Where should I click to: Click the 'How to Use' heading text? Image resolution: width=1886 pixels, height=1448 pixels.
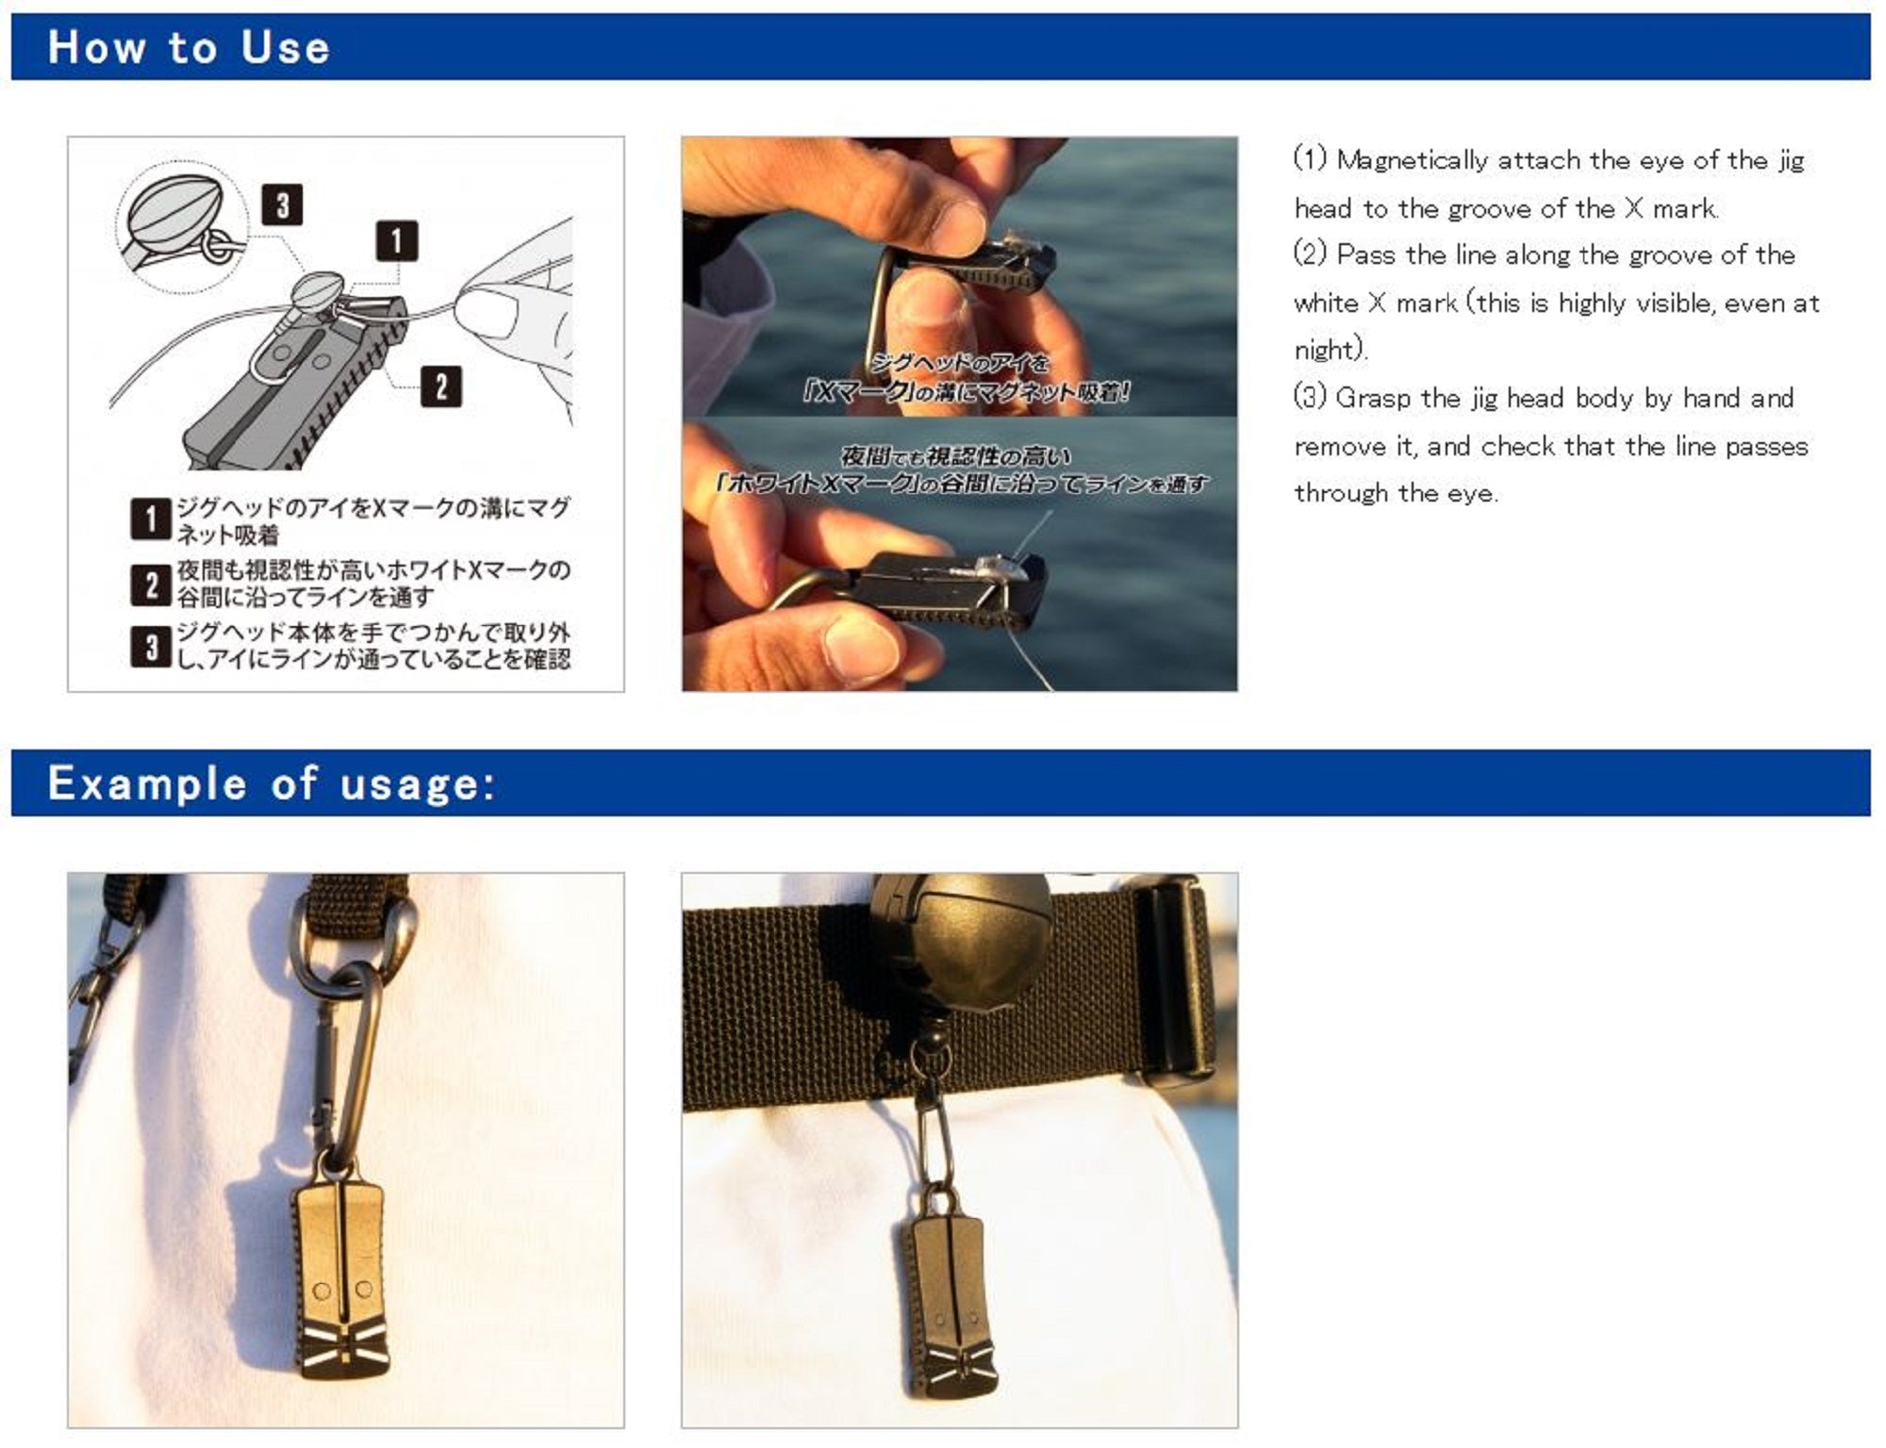coord(189,47)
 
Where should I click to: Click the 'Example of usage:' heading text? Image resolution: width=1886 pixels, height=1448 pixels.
coord(272,783)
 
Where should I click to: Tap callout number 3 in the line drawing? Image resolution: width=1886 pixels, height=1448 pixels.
coord(282,205)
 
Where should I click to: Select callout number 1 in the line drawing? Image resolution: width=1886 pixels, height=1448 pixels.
coord(396,241)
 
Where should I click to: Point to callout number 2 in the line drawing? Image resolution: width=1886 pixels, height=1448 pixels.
coord(441,387)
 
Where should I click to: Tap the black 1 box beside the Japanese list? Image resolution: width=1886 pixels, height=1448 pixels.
coord(150,519)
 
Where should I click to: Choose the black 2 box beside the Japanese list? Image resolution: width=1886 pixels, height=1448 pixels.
coord(150,584)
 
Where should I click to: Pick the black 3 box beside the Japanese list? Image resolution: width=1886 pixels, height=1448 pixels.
coord(150,647)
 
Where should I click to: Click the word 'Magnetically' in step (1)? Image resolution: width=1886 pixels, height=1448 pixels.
coord(1412,161)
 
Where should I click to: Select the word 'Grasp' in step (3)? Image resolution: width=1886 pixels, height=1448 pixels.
coord(1373,399)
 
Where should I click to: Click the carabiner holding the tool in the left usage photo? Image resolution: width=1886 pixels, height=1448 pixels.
coord(347,1065)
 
